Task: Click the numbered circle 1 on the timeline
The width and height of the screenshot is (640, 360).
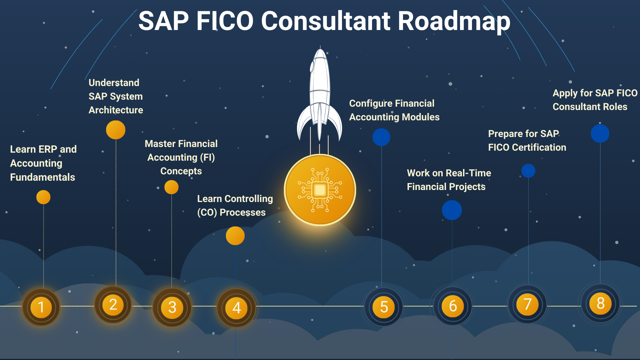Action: tap(41, 307)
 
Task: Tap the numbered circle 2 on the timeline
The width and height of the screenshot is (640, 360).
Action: tap(113, 305)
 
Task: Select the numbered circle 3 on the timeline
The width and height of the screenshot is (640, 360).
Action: tap(172, 307)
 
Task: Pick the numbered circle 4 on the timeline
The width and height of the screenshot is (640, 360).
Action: tap(236, 308)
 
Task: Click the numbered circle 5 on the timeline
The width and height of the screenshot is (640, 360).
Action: tap(384, 307)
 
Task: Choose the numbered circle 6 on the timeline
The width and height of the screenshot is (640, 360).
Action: tap(453, 306)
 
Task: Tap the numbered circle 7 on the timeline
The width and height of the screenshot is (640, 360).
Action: tap(527, 304)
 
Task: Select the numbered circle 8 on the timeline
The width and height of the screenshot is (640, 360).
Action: tap(600, 303)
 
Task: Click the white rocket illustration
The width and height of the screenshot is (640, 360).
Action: tap(320, 95)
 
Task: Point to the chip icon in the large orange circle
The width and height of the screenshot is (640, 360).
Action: tap(320, 190)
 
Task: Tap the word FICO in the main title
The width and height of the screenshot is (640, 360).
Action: tap(225, 21)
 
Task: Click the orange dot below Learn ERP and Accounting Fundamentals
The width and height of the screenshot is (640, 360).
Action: tap(43, 197)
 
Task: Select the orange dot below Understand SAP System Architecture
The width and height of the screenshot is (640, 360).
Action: tap(116, 130)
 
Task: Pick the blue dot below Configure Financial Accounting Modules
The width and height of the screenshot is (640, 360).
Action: tap(381, 137)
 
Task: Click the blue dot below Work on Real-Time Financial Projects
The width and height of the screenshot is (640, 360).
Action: tap(452, 210)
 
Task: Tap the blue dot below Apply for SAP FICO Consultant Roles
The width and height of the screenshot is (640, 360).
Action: tap(600, 133)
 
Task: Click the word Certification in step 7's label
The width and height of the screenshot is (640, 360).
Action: tap(539, 147)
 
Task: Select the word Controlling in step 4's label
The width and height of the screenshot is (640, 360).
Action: tap(249, 199)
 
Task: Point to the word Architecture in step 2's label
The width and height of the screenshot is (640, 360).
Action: tap(116, 110)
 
